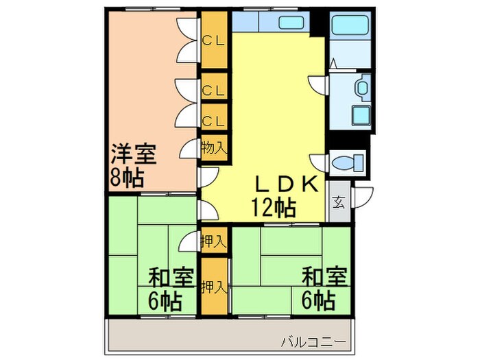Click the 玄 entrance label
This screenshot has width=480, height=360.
tap(339, 202)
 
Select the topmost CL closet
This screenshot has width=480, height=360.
tap(214, 39)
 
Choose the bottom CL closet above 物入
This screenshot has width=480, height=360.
tap(214, 121)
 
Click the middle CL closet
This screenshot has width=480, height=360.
tap(214, 89)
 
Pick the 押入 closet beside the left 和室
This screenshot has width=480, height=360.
tap(214, 241)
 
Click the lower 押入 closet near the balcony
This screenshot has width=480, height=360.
tap(214, 287)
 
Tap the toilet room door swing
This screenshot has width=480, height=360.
tap(318, 163)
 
